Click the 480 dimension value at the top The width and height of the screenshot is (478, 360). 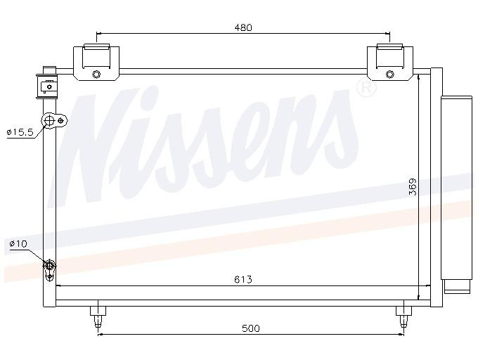[x=243, y=27]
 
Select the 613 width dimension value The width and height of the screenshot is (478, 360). [x=243, y=280]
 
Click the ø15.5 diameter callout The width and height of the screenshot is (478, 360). [x=19, y=131]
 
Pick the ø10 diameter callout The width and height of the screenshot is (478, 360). [x=18, y=244]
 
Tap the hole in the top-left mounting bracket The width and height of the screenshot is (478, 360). [x=96, y=76]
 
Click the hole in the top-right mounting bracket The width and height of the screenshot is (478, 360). [x=390, y=76]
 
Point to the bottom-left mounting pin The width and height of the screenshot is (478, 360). [x=97, y=316]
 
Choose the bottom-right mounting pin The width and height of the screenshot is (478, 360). [x=403, y=316]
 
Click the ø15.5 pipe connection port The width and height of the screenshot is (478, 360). [x=51, y=121]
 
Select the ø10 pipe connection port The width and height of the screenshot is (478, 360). [x=50, y=266]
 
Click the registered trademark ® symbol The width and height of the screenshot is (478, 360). [x=366, y=88]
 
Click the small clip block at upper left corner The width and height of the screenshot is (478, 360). [x=48, y=84]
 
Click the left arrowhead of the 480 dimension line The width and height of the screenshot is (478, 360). [x=99, y=33]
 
